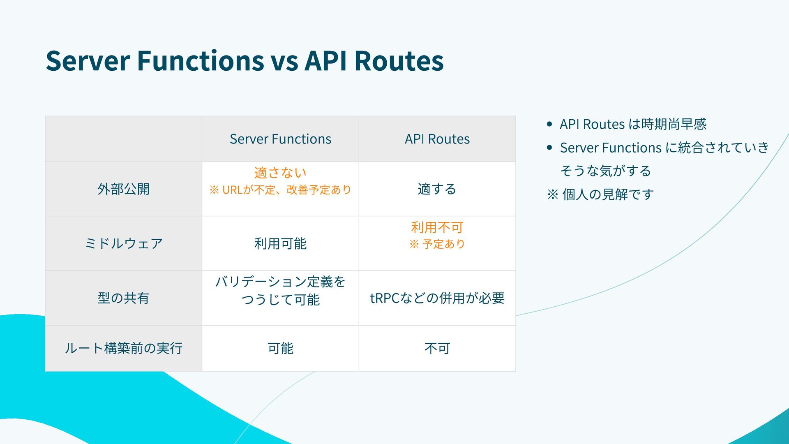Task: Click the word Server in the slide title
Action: [x=88, y=61]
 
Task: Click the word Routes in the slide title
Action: [x=399, y=61]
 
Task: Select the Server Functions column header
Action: [x=280, y=139]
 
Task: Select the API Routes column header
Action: [x=437, y=139]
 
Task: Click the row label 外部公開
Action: [x=123, y=189]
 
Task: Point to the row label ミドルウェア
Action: [x=123, y=243]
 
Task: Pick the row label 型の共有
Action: [x=123, y=298]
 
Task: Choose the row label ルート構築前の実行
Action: [x=123, y=348]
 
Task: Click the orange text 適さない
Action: [x=280, y=173]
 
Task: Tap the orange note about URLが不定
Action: [x=280, y=190]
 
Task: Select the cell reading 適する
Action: [x=437, y=189]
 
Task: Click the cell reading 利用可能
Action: [x=280, y=243]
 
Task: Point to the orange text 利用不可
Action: [x=437, y=227]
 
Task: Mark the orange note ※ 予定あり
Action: [x=437, y=244]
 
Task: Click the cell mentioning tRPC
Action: [x=437, y=298]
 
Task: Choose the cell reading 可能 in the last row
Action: [x=280, y=348]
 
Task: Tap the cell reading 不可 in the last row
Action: [x=437, y=348]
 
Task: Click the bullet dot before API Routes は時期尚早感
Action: [x=549, y=124]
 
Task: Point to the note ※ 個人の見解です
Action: [x=600, y=194]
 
